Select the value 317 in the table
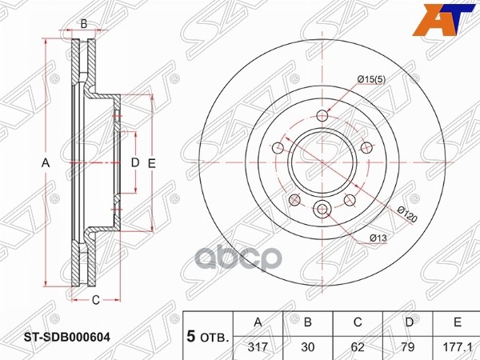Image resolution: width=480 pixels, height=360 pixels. click(258, 347)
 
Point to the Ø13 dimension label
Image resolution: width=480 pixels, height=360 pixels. click(378, 238)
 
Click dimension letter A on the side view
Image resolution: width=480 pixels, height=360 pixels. click(46, 163)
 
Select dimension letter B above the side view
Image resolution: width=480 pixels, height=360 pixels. click(84, 24)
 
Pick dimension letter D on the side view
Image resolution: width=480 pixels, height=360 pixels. click(134, 163)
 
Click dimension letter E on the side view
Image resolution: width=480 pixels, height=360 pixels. click(150, 163)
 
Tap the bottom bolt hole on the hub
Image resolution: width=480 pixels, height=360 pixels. click(323, 210)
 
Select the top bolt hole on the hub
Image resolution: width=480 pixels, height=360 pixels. click(323, 114)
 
